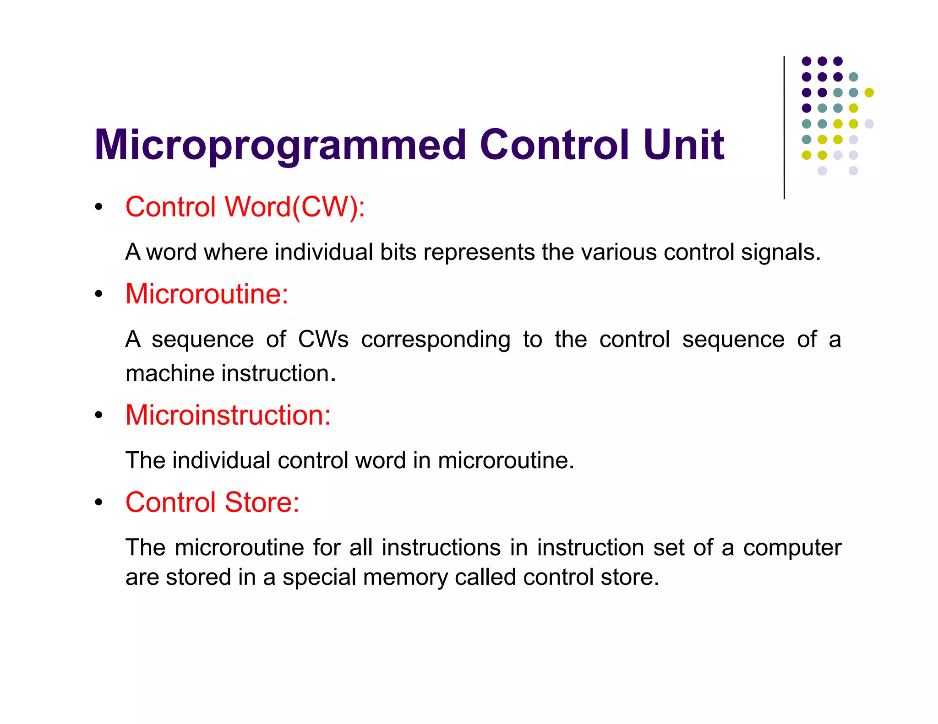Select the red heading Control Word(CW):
point(245,207)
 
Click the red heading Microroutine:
point(207,294)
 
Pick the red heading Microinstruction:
point(228,415)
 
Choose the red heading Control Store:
point(212,502)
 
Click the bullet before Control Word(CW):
point(98,207)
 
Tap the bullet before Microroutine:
point(98,294)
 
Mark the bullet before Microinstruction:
point(98,416)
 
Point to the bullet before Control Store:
point(98,502)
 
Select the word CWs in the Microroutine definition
point(323,340)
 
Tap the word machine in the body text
point(170,373)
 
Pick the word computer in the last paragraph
point(792,548)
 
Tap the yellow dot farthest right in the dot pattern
point(869,92)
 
